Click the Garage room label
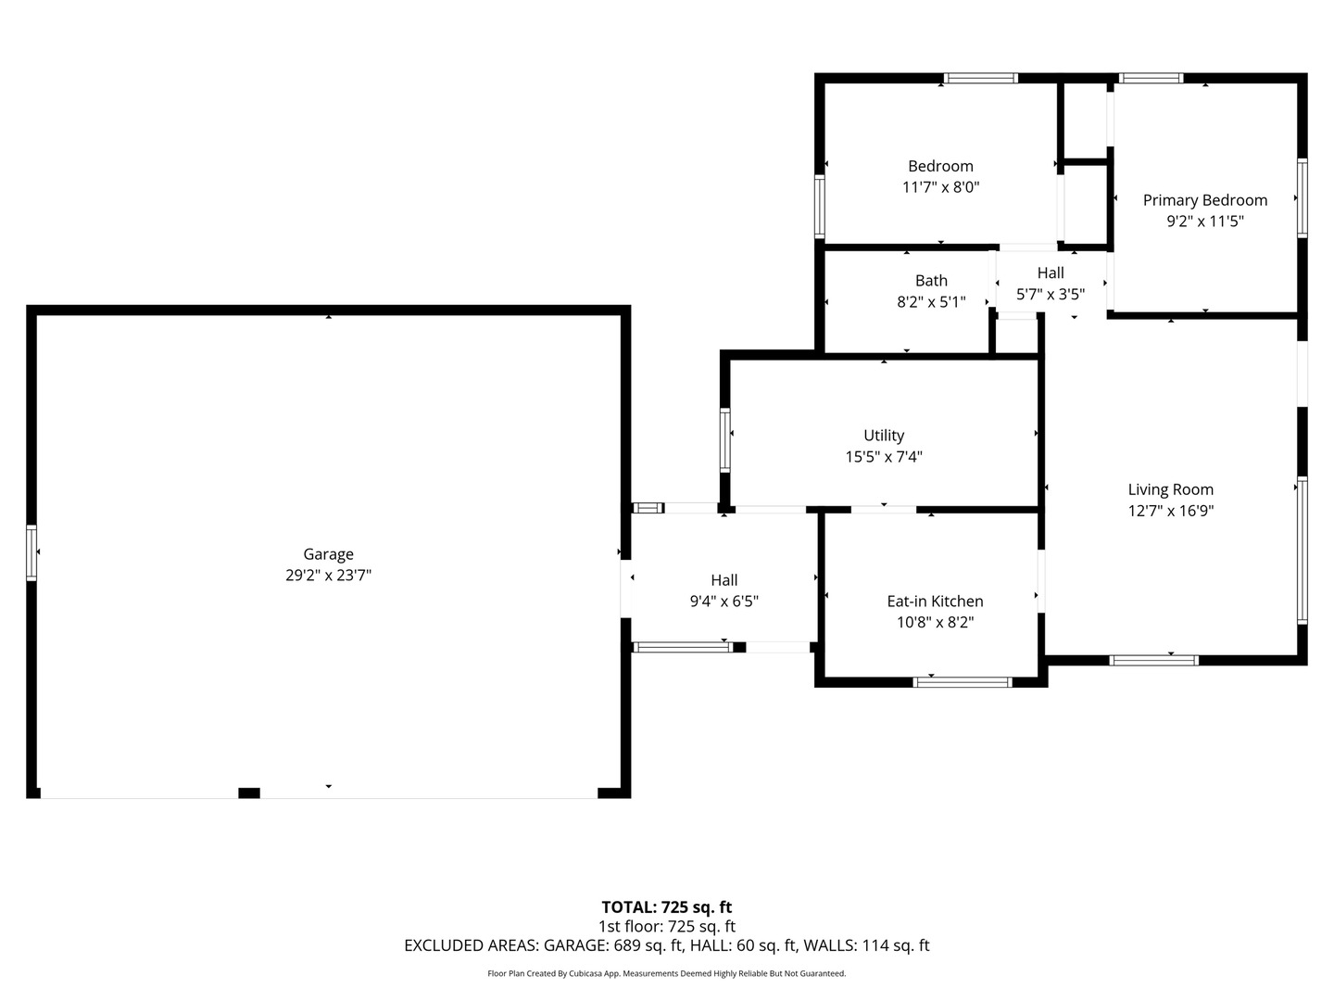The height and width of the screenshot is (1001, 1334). [x=328, y=555]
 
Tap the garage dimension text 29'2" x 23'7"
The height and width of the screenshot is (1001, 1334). [x=328, y=575]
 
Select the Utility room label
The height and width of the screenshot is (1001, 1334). [x=884, y=436]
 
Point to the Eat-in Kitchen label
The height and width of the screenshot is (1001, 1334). [x=935, y=602]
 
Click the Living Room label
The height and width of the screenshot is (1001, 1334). [x=1171, y=490]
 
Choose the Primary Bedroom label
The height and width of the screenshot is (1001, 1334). [x=1205, y=200]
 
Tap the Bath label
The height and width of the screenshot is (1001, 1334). [x=931, y=281]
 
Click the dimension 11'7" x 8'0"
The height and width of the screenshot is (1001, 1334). [x=941, y=187]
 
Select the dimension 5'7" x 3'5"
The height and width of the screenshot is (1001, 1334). [x=1051, y=295]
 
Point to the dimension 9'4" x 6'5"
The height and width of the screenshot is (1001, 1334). [x=724, y=602]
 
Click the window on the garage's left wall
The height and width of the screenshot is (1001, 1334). [x=31, y=552]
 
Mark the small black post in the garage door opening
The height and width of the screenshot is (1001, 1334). [x=249, y=792]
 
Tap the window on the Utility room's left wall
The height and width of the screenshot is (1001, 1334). [x=725, y=440]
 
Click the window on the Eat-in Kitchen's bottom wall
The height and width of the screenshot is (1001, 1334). [x=963, y=682]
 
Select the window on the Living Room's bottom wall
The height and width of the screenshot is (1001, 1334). [x=1153, y=660]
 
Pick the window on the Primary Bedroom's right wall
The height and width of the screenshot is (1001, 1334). [x=1303, y=198]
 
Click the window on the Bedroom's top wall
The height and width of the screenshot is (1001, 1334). [x=980, y=78]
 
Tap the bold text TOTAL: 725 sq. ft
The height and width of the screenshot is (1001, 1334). [x=667, y=907]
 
